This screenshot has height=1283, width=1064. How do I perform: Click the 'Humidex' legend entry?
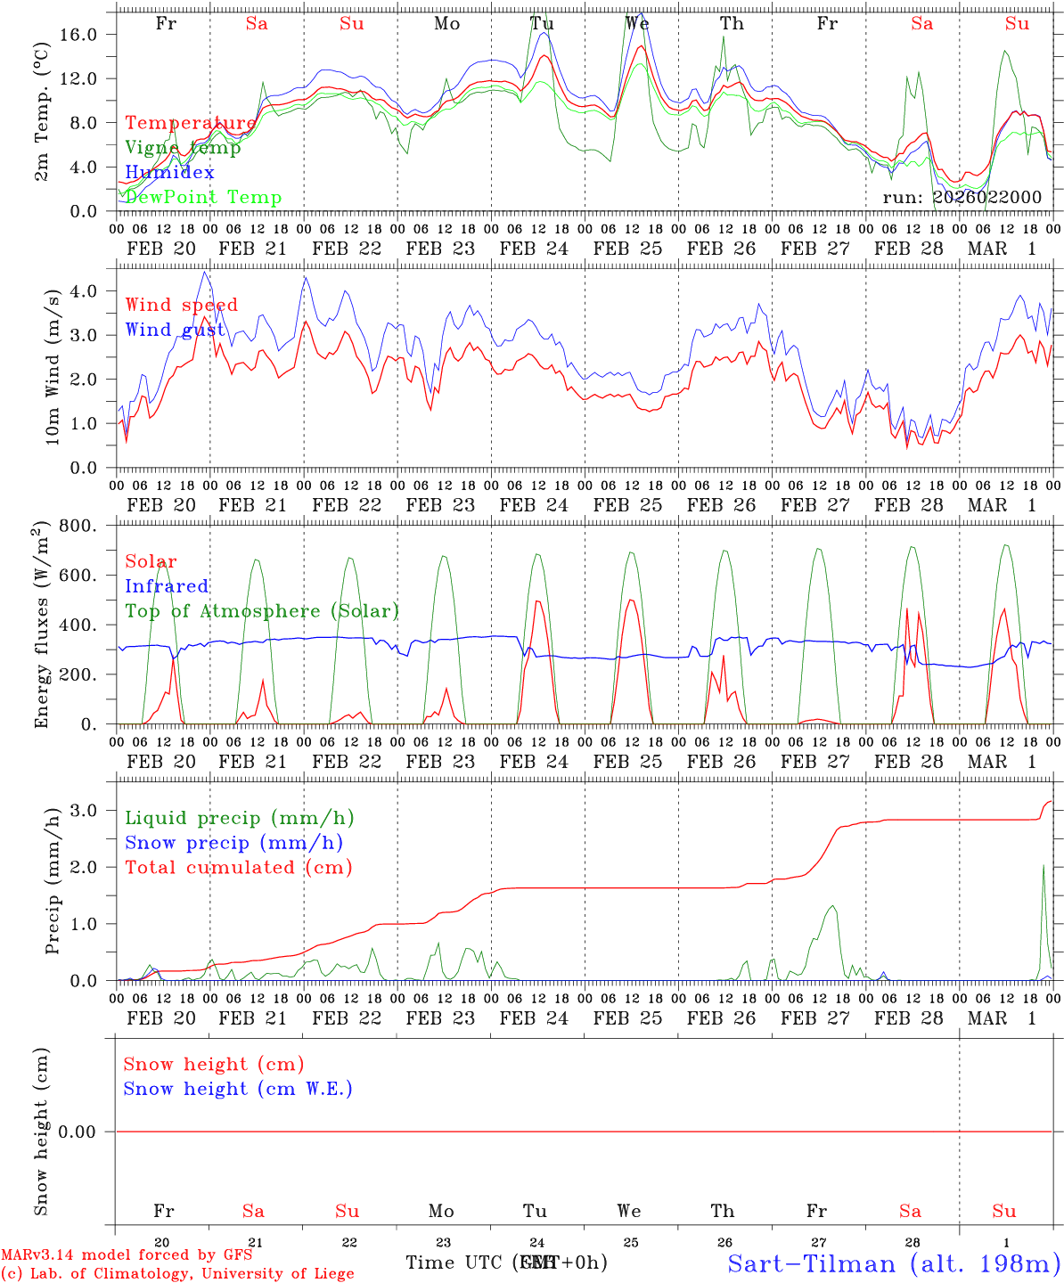pyautogui.click(x=169, y=172)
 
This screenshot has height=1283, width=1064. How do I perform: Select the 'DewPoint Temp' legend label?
pyautogui.click(x=203, y=197)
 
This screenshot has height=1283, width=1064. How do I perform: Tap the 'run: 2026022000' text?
pyautogui.click(x=962, y=197)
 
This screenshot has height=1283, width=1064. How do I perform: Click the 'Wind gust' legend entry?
pyautogui.click(x=175, y=330)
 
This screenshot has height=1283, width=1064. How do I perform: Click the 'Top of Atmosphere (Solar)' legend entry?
pyautogui.click(x=261, y=611)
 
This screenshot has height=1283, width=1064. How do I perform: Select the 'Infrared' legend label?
pyautogui.click(x=167, y=586)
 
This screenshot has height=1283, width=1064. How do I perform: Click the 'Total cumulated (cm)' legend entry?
pyautogui.click(x=238, y=867)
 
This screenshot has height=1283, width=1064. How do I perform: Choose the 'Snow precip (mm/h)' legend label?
pyautogui.click(x=233, y=843)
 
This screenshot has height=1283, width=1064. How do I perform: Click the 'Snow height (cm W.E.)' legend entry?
pyautogui.click(x=237, y=1089)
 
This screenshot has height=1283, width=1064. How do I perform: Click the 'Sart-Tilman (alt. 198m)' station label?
pyautogui.click(x=894, y=1263)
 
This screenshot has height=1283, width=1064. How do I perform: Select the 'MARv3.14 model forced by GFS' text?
pyautogui.click(x=127, y=1255)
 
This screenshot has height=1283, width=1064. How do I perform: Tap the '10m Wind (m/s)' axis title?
pyautogui.click(x=53, y=367)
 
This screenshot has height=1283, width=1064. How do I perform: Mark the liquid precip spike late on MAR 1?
pyautogui.click(x=1044, y=866)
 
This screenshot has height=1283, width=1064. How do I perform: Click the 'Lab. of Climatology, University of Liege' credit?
pyautogui.click(x=177, y=1273)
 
